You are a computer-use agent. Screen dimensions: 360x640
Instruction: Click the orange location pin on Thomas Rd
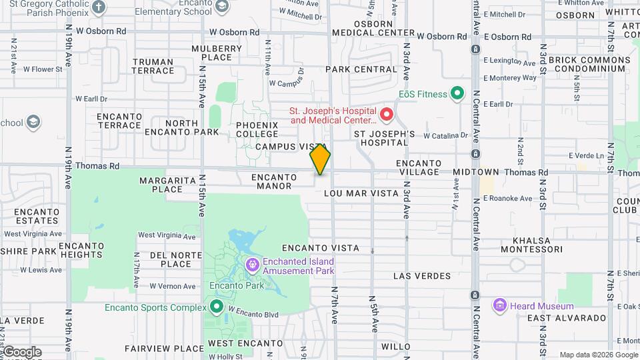[320, 159]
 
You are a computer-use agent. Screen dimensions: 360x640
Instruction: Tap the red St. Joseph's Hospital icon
[386, 115]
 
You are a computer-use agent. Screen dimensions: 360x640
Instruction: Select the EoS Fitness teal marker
[457, 94]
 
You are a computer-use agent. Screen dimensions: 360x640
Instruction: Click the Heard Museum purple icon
[500, 305]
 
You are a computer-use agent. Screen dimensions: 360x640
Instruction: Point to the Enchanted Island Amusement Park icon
[253, 265]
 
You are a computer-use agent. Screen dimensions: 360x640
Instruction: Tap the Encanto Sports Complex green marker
[216, 307]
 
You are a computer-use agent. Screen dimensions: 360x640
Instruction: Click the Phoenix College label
[257, 130]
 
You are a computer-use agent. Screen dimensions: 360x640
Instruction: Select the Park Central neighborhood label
[361, 69]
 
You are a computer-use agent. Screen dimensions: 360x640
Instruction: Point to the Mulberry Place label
[217, 53]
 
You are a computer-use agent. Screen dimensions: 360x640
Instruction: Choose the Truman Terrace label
[153, 66]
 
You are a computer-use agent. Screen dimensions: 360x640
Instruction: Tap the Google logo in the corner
[21, 352]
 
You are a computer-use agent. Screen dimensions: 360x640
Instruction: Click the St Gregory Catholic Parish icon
[99, 7]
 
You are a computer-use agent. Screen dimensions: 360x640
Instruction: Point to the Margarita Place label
[161, 185]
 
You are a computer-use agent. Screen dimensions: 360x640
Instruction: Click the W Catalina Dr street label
[445, 135]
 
